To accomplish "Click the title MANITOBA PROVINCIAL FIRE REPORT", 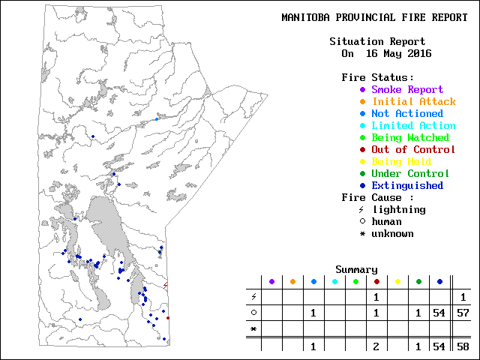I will [374, 17].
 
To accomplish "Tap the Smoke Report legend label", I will [407, 90].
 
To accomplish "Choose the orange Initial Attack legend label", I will [413, 102].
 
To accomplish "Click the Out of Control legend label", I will [413, 150].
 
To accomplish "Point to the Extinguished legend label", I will [407, 186].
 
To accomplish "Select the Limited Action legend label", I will [413, 126].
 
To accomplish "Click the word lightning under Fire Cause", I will [398, 210].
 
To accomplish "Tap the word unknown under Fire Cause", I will [392, 234].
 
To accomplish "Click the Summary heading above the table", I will [356, 270].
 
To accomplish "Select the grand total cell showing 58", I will [463, 346].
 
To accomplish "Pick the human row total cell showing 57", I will [463, 313].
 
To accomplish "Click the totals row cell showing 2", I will [376, 346].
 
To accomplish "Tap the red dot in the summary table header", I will [376, 282].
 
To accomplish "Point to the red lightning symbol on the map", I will [166, 285].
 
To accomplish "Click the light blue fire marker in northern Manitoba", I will [157, 118].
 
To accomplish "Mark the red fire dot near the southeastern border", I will [168, 318].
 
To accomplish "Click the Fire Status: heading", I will [377, 78].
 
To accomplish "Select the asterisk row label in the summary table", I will [253, 329].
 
